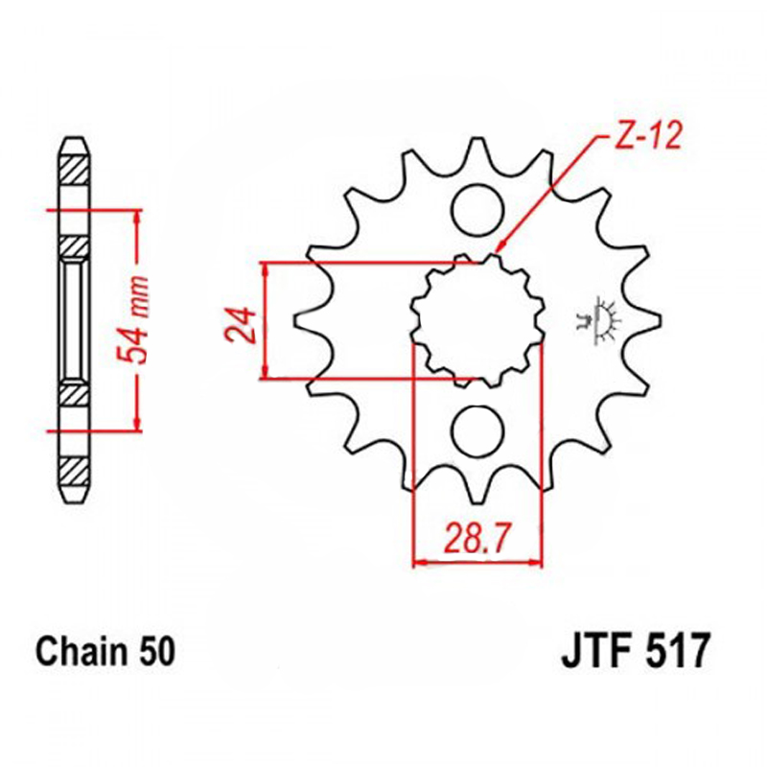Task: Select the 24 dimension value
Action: [241, 324]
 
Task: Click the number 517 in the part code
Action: [678, 651]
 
